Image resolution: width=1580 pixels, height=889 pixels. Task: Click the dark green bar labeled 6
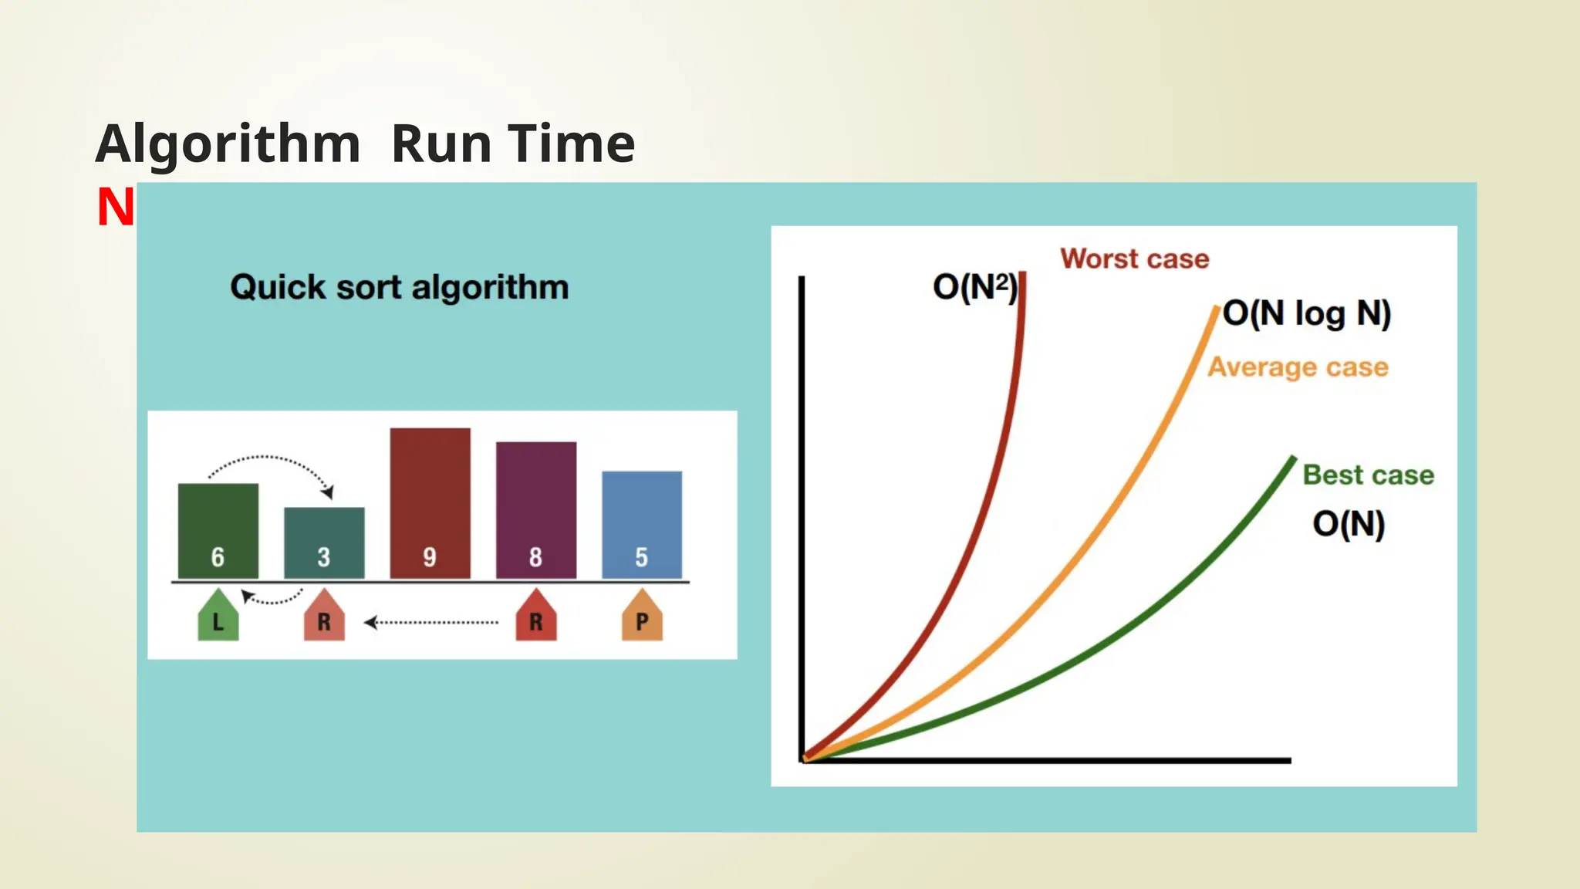(x=218, y=531)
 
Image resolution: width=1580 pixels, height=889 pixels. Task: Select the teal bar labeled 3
(x=324, y=543)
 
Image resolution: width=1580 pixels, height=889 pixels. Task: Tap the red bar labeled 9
(x=430, y=503)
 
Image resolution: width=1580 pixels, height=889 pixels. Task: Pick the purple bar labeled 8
(x=535, y=510)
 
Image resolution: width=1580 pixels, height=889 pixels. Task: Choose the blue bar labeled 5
(x=641, y=525)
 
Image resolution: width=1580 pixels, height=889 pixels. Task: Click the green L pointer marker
(x=218, y=617)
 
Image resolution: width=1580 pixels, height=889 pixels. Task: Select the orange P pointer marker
(x=642, y=617)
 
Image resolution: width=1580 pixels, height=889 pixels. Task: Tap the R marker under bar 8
(x=535, y=617)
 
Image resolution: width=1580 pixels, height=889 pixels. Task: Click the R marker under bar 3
(x=324, y=617)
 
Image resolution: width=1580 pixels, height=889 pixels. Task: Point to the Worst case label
(x=1134, y=259)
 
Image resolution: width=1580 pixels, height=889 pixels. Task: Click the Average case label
(x=1298, y=367)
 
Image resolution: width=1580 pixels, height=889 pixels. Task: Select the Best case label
(x=1368, y=475)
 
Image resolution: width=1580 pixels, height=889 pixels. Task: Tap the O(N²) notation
(x=974, y=287)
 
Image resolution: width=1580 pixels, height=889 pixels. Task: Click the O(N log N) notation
(x=1307, y=313)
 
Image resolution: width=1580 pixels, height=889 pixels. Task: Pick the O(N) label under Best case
(x=1349, y=524)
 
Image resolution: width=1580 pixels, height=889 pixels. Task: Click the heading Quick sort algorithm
(x=399, y=287)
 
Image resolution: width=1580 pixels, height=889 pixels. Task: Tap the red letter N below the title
(x=115, y=208)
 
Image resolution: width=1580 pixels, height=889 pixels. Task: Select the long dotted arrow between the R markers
(x=432, y=622)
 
